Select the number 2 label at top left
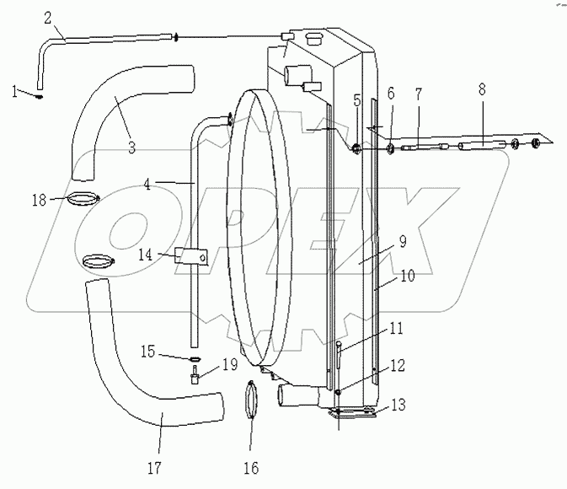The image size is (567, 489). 47,17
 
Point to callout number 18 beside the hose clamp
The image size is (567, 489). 39,199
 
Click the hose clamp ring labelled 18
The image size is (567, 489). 83,200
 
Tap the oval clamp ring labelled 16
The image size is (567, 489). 250,411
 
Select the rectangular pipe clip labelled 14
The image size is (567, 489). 190,255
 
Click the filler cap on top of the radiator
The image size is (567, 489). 317,39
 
